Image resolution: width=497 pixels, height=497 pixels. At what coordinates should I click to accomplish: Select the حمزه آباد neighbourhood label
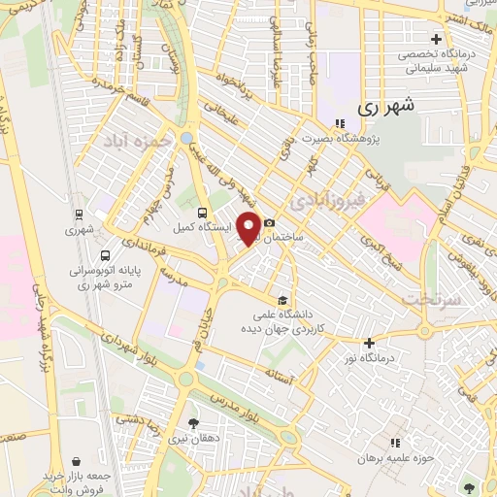pos(141,142)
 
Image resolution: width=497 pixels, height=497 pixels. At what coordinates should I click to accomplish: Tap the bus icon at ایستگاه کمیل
pos(201,213)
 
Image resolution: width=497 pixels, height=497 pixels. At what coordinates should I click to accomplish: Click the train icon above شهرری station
pos(78,214)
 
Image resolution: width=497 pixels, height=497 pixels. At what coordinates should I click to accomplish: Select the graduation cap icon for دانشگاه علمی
pos(282,299)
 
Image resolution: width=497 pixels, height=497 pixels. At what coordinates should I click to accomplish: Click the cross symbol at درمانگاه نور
pos(369,342)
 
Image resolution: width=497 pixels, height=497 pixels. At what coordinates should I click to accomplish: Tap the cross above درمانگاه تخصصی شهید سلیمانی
pos(436,40)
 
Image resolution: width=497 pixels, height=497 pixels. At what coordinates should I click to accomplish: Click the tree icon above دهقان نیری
pos(192,423)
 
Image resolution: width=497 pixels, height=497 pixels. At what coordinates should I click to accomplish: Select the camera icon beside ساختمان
pos(269,222)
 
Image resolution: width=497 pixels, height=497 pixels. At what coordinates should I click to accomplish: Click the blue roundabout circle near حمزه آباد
pos(184,139)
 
